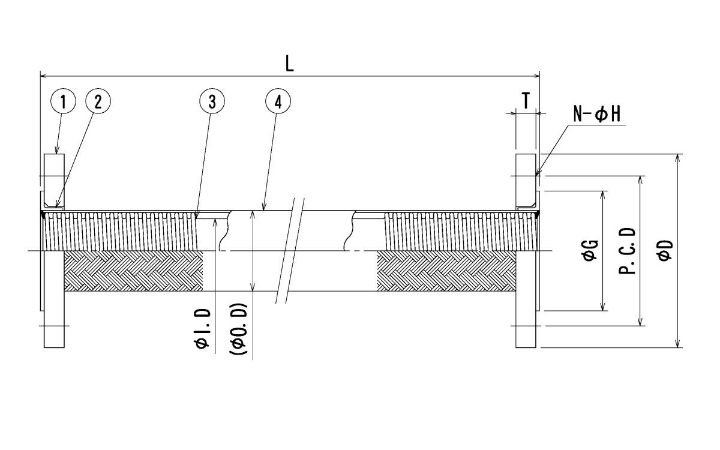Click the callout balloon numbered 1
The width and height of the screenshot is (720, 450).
click(x=63, y=102)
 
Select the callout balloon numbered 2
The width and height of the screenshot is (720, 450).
click(x=98, y=102)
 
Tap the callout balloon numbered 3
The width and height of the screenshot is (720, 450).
click(x=212, y=102)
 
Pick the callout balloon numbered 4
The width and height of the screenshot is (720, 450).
click(x=277, y=102)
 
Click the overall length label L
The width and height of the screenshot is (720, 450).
click(x=290, y=65)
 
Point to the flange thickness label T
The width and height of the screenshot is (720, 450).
click(x=526, y=101)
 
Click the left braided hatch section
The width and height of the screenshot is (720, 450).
click(x=132, y=271)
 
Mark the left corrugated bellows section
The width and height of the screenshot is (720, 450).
click(x=120, y=231)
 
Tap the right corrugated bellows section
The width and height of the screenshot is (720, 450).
click(x=450, y=231)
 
